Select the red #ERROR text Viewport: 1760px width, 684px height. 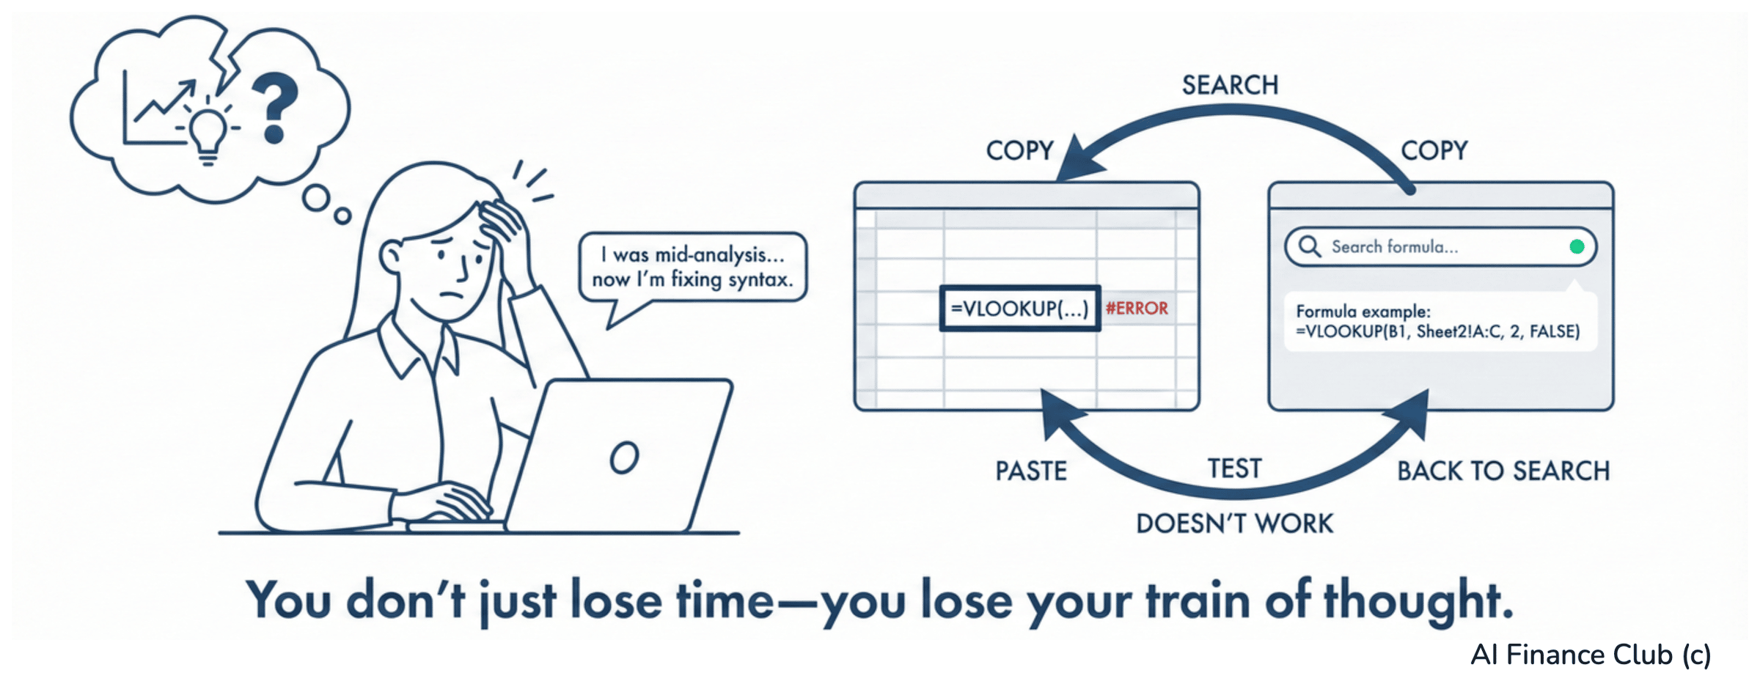pyautogui.click(x=1137, y=309)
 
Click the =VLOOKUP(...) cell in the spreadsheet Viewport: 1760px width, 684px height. pyautogui.click(x=1019, y=309)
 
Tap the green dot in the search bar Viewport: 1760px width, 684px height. pyautogui.click(x=1577, y=247)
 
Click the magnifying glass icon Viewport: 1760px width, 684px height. pyautogui.click(x=1310, y=246)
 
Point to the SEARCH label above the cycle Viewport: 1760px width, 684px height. pyautogui.click(x=1230, y=86)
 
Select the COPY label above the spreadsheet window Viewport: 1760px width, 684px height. pyautogui.click(x=1019, y=151)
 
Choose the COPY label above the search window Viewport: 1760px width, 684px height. pyautogui.click(x=1434, y=151)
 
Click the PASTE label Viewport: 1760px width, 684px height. pyautogui.click(x=1031, y=471)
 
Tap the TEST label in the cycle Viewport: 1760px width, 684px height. pyautogui.click(x=1235, y=469)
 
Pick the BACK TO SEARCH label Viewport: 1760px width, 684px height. pyautogui.click(x=1503, y=471)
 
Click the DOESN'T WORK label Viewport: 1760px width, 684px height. pyautogui.click(x=1235, y=524)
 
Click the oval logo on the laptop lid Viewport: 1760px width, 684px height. pyautogui.click(x=624, y=457)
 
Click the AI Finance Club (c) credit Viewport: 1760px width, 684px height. pyautogui.click(x=1591, y=655)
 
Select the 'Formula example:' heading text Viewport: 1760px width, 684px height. pyautogui.click(x=1363, y=312)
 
